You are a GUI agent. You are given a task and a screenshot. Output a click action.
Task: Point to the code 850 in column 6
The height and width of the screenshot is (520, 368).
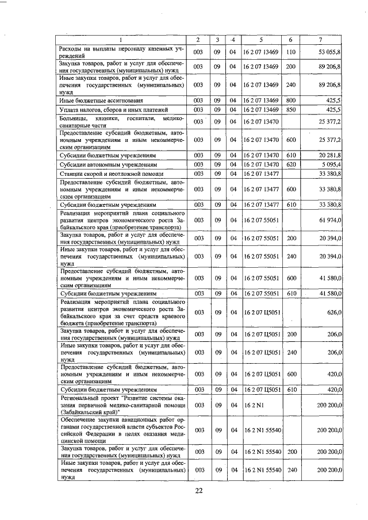[290, 109]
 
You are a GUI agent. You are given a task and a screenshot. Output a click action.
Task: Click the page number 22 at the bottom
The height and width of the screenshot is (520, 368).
[199, 490]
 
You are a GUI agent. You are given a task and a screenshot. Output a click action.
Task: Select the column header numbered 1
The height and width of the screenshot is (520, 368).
[121, 40]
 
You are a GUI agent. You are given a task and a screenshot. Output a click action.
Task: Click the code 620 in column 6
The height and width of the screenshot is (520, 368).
[290, 164]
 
